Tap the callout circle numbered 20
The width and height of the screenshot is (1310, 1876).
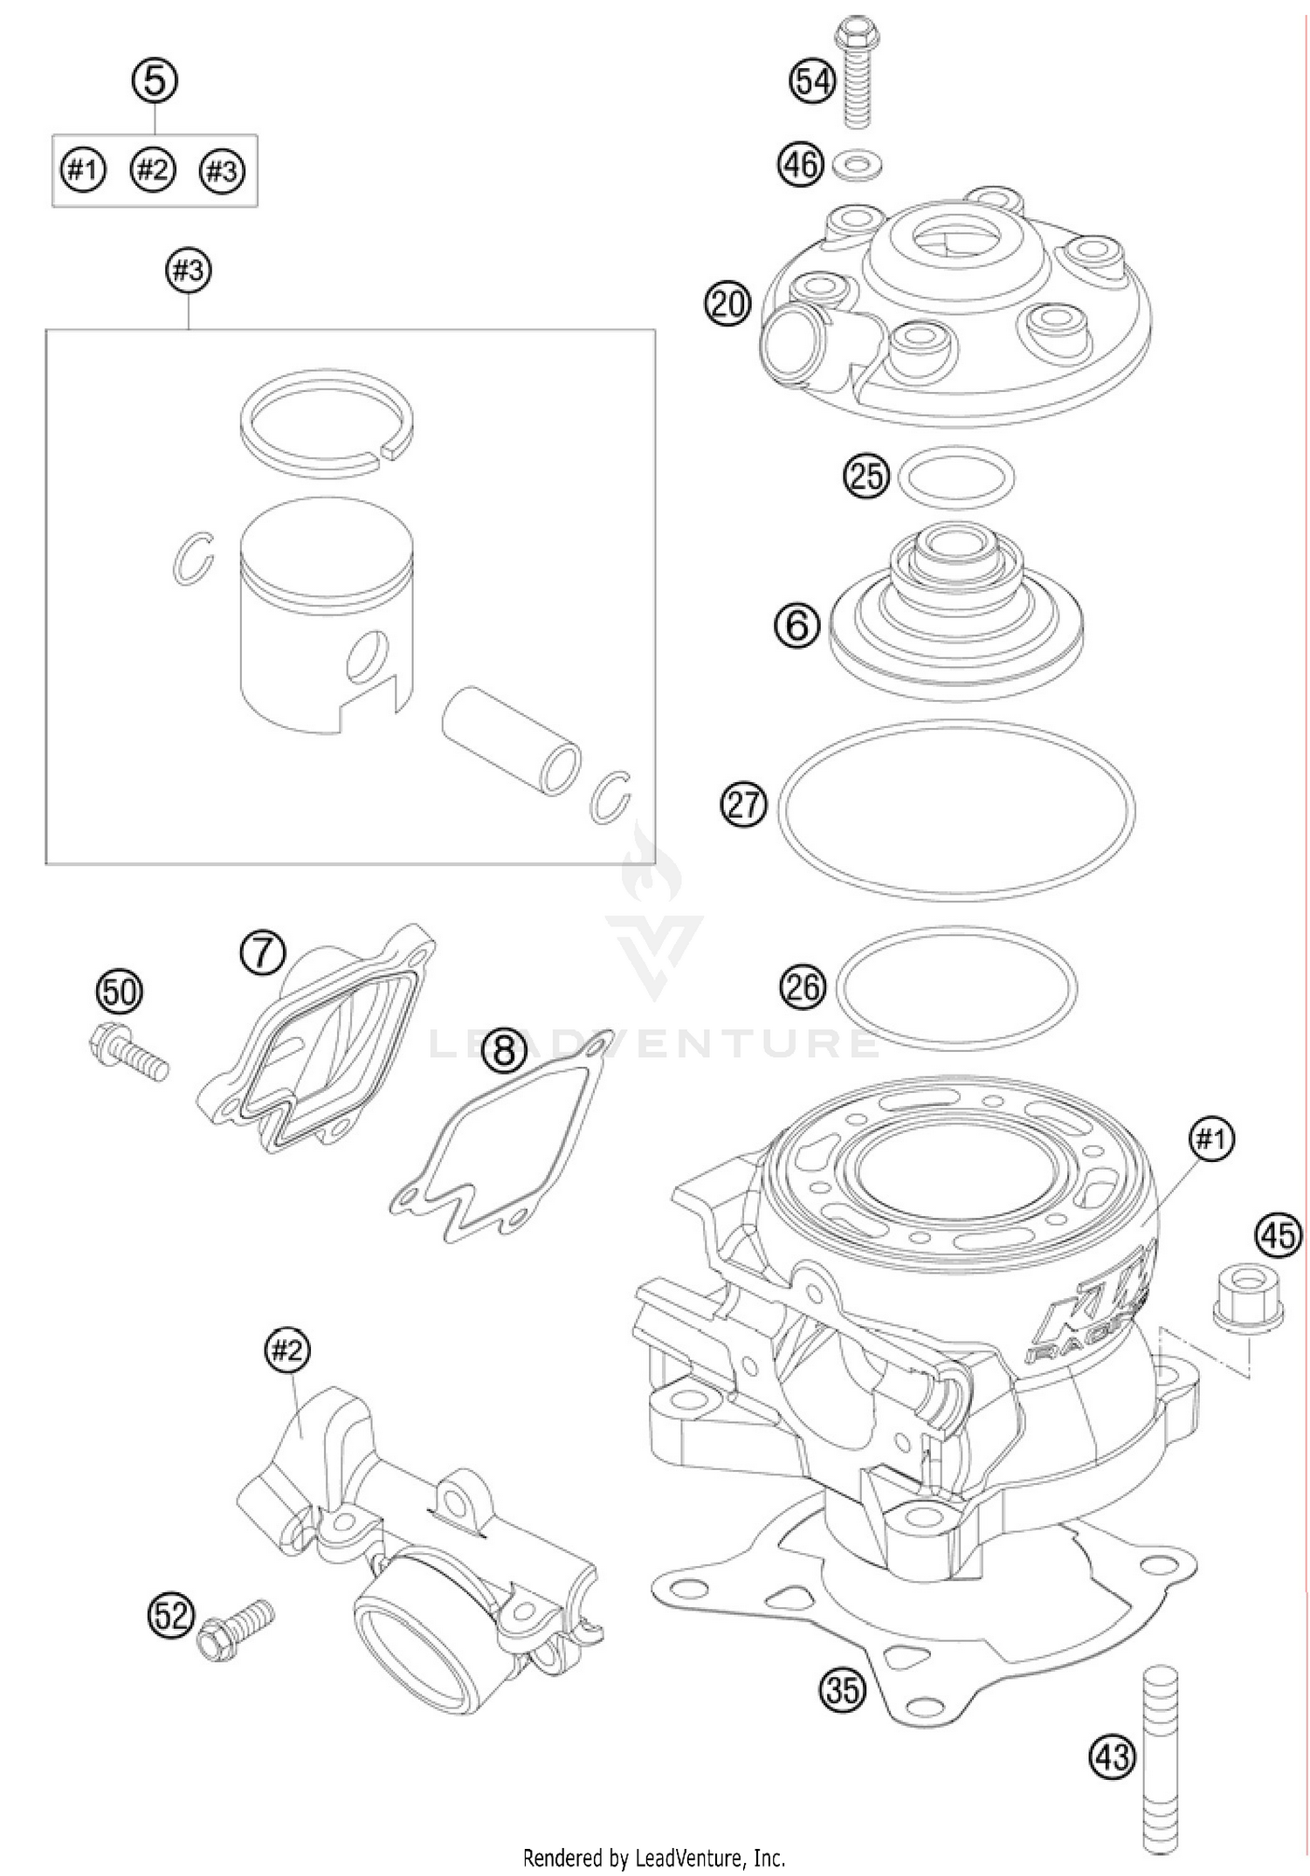click(727, 304)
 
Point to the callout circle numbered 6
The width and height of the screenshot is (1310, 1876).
click(796, 625)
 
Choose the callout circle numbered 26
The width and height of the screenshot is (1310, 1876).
click(803, 986)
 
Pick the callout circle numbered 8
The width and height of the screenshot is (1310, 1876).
click(505, 1049)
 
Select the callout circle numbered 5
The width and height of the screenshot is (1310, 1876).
click(155, 81)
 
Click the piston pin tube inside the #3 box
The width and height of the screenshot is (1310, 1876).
click(512, 740)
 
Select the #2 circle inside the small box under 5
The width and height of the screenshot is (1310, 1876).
click(153, 169)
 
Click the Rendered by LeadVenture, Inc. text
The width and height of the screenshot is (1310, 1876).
click(654, 1858)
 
